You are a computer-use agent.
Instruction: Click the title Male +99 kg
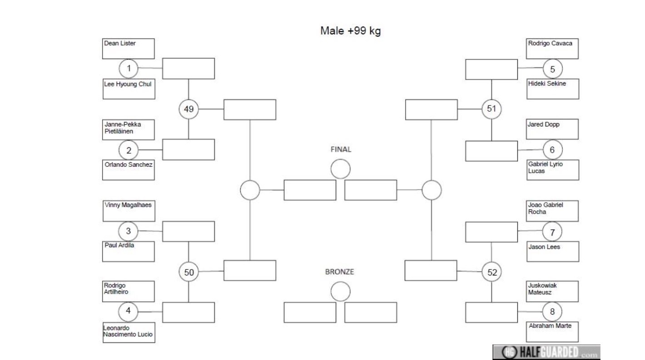tap(350, 31)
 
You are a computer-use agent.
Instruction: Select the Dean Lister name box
tap(129, 49)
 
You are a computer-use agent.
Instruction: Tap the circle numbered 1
tap(129, 69)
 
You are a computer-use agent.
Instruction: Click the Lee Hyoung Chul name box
tap(129, 89)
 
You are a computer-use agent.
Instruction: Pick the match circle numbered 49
tap(189, 109)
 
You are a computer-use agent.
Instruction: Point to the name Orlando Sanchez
tap(129, 165)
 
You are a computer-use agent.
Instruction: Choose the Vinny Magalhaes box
tap(129, 211)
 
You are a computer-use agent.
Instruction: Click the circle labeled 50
tap(189, 272)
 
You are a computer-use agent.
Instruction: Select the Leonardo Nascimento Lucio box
tap(129, 332)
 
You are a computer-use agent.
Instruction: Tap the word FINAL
tap(341, 149)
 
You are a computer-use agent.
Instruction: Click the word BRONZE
tap(339, 272)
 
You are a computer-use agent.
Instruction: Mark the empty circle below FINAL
tap(341, 169)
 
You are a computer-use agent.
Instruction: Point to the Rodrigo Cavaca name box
tap(552, 49)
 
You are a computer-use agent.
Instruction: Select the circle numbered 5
tap(553, 69)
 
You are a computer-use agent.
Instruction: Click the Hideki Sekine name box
tap(553, 89)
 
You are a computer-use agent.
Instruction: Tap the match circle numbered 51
tap(491, 109)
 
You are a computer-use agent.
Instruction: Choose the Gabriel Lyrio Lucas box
tap(553, 170)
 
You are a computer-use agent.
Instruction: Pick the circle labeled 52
tap(492, 272)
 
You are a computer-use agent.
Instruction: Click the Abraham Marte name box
tap(552, 332)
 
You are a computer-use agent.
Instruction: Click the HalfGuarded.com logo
tap(546, 352)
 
